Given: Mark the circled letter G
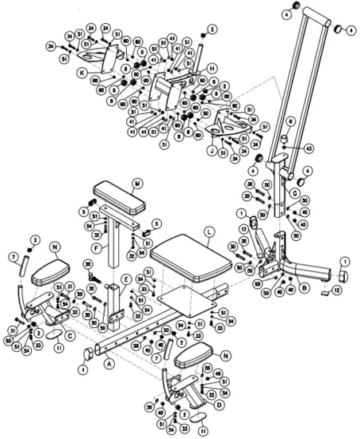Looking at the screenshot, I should pyautogui.click(x=295, y=192).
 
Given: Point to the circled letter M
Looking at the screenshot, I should pyautogui.click(x=137, y=184).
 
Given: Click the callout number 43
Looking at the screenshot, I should pyautogui.click(x=307, y=149).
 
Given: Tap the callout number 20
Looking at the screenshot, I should pyautogui.click(x=87, y=264).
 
